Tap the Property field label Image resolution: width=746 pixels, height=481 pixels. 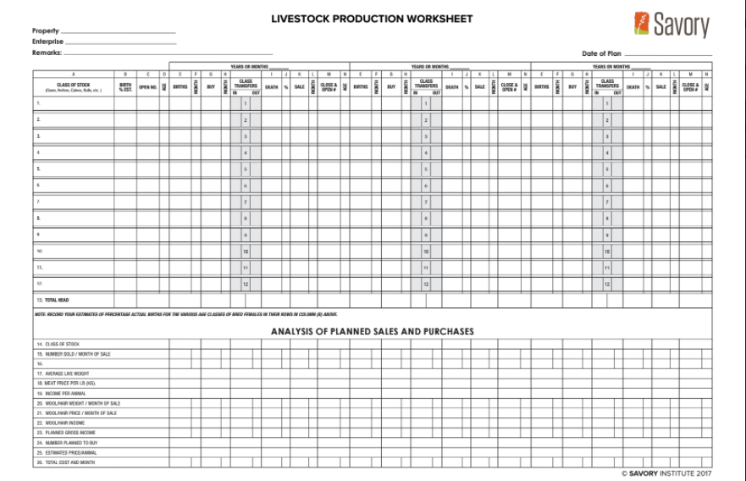click(46, 31)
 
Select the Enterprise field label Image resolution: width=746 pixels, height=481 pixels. click(47, 41)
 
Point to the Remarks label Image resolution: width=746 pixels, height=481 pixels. click(47, 53)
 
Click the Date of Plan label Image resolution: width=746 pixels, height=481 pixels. click(601, 53)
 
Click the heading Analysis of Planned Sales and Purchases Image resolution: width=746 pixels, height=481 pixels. click(372, 331)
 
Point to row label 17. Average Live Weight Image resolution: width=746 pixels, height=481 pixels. click(63, 373)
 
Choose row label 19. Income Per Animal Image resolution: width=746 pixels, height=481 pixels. click(60, 393)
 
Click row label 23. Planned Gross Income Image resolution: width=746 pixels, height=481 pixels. click(65, 433)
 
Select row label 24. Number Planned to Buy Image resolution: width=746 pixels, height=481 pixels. click(67, 443)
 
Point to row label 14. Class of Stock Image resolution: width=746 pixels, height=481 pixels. click(57, 344)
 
